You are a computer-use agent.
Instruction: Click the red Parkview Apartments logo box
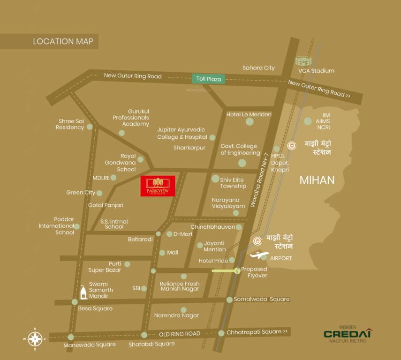[x=158, y=186]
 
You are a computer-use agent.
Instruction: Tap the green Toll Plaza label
[x=208, y=79]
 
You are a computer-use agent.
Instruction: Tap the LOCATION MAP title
[x=63, y=41]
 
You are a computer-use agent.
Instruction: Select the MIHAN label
[x=317, y=180]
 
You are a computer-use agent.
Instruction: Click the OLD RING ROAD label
[x=179, y=334]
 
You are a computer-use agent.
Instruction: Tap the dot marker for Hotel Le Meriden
[x=250, y=122]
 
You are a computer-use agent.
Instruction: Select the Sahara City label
[x=258, y=68]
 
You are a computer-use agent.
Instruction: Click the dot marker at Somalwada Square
[x=229, y=300]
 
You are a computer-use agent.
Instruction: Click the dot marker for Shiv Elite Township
[x=215, y=179]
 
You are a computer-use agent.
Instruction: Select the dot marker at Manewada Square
[x=71, y=337]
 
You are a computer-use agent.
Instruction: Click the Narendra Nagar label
[x=166, y=315]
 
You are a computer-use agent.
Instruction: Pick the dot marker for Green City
[x=99, y=193]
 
